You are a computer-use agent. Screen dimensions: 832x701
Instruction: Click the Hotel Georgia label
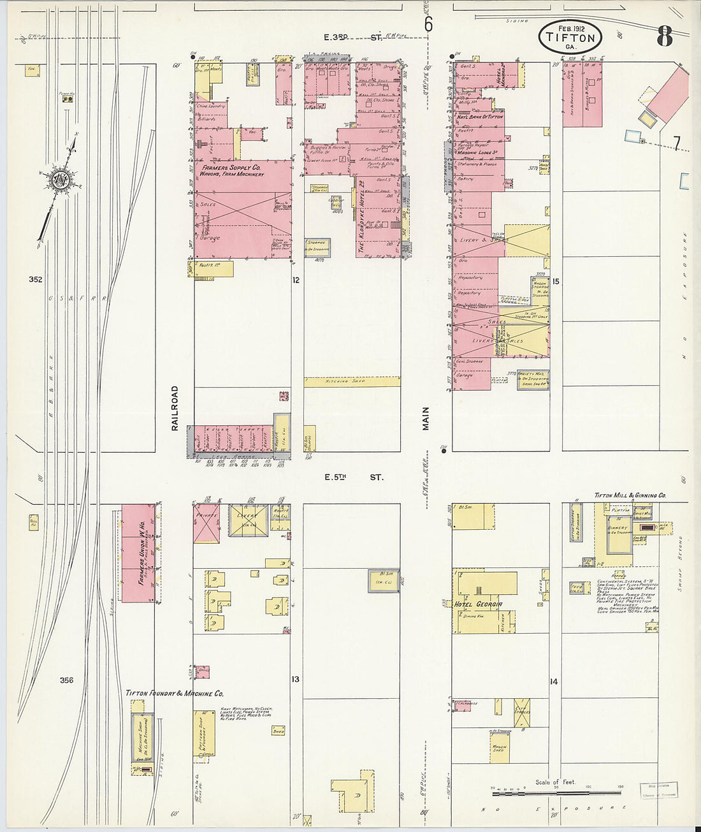pyautogui.click(x=478, y=604)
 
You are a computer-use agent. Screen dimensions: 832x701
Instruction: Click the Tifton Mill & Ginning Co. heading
pyautogui.click(x=630, y=495)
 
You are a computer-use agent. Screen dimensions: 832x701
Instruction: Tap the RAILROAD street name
pyautogui.click(x=175, y=408)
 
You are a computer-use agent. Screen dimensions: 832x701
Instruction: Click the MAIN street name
pyautogui.click(x=426, y=419)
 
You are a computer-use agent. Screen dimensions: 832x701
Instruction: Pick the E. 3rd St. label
pyautogui.click(x=353, y=37)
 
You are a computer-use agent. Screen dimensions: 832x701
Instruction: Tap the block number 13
pyautogui.click(x=295, y=680)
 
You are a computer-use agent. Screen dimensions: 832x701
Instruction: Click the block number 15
pyautogui.click(x=556, y=281)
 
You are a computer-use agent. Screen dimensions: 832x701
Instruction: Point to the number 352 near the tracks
pyautogui.click(x=35, y=279)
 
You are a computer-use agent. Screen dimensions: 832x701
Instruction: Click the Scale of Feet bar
pyautogui.click(x=556, y=792)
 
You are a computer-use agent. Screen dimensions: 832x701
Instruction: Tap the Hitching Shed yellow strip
pyautogui.click(x=352, y=381)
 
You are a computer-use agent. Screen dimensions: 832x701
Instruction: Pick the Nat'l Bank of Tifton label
pyautogui.click(x=479, y=117)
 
